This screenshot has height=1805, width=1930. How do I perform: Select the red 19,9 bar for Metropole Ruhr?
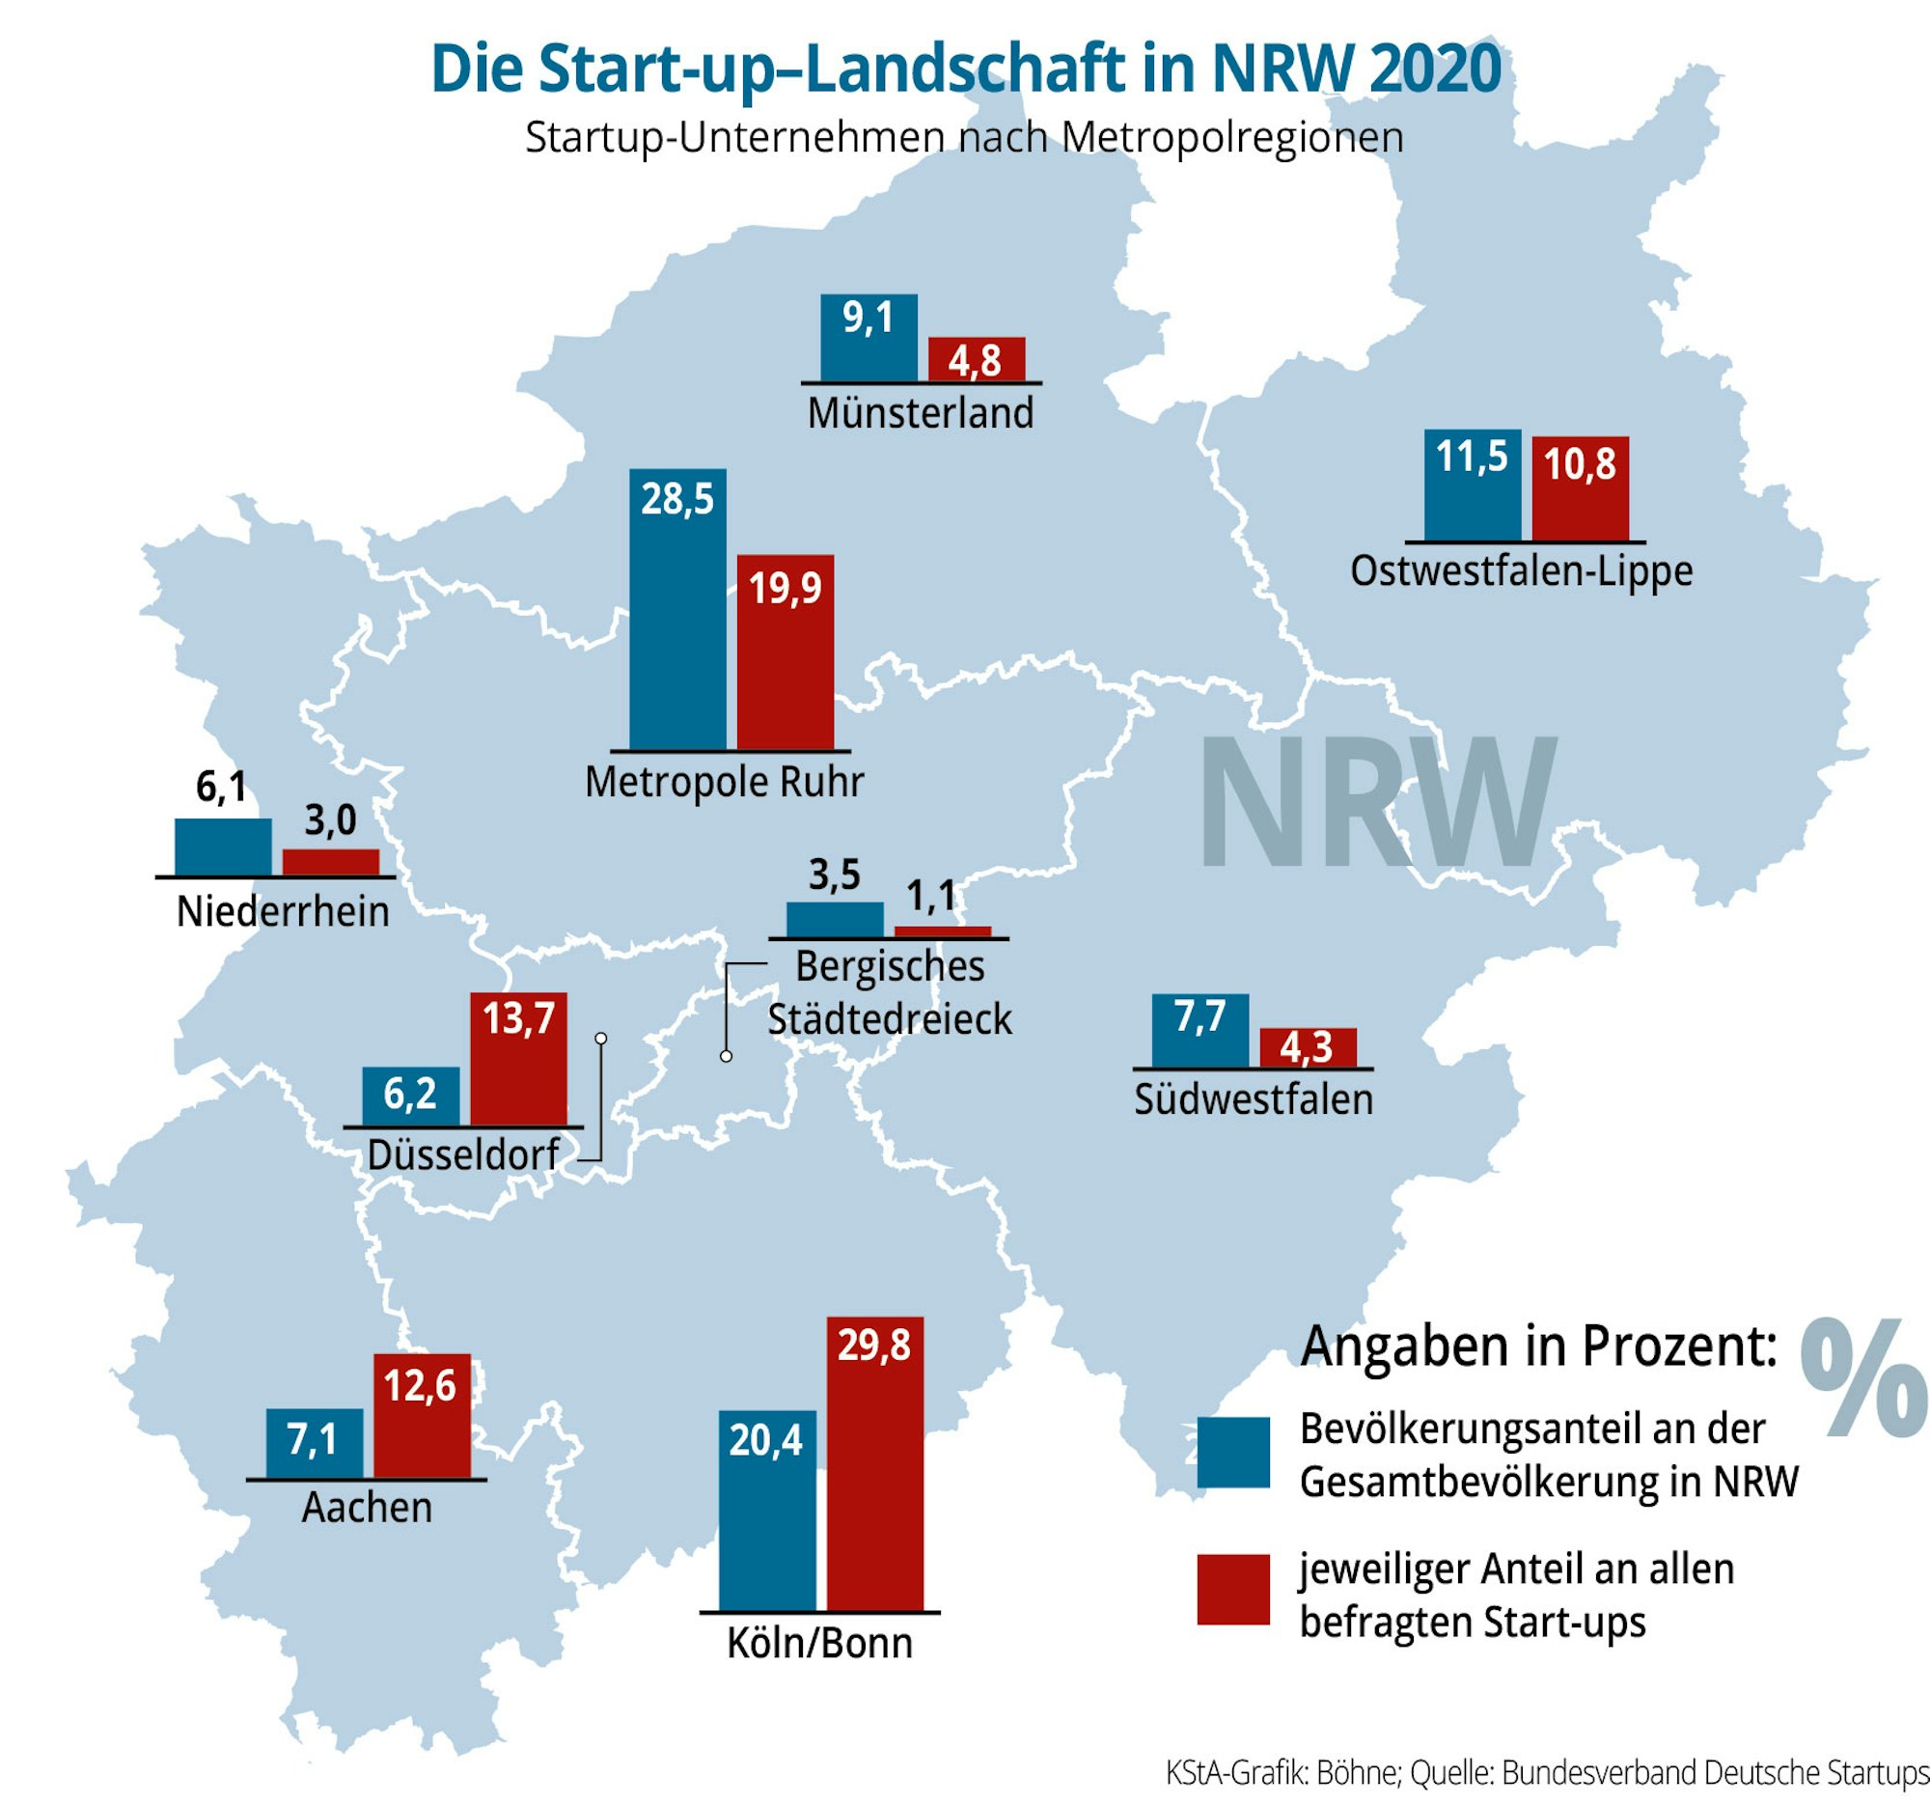tap(786, 653)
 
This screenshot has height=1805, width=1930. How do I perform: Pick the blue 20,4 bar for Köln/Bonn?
tap(767, 1511)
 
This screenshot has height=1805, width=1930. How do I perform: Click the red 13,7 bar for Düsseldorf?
tap(518, 1059)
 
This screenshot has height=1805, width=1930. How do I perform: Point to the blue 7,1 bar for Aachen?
tap(315, 1444)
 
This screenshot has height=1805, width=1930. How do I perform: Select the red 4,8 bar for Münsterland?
tap(976, 360)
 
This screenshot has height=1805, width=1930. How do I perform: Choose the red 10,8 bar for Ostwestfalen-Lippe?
tap(1581, 489)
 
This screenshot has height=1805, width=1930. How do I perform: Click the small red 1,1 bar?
tap(942, 931)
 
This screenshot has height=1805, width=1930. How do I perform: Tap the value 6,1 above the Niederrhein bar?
tap(221, 788)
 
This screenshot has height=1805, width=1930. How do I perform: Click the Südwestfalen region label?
tap(1254, 1100)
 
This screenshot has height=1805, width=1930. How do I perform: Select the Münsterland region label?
tap(921, 414)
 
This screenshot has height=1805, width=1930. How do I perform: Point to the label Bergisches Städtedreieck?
tap(890, 993)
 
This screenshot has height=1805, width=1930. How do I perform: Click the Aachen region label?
tap(367, 1508)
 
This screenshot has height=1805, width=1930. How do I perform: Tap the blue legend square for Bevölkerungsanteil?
tap(1233, 1453)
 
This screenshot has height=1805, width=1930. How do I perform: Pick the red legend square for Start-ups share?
tap(1233, 1590)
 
